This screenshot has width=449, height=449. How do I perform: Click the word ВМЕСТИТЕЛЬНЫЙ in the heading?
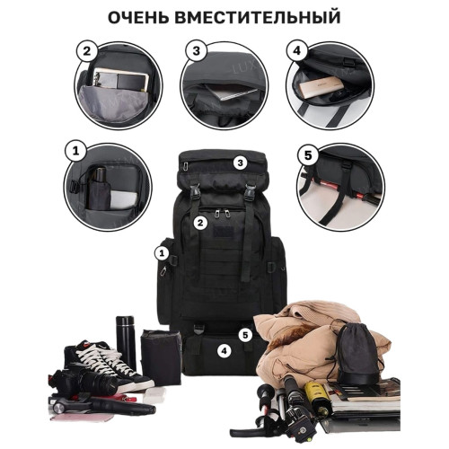point(258,17)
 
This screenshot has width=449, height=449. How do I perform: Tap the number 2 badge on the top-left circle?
point(86,51)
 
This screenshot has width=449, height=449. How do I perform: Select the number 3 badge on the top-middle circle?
point(196,51)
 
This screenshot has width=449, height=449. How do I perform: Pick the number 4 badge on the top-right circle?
point(296,51)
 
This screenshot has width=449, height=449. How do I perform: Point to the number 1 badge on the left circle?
point(75,151)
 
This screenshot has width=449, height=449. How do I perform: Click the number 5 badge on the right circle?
point(308,155)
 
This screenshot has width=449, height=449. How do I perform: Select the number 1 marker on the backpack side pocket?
point(162,253)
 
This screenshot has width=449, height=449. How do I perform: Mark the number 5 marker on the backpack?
point(245,335)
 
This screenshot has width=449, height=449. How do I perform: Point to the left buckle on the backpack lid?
point(195,191)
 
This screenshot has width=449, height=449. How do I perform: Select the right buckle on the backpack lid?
point(249,191)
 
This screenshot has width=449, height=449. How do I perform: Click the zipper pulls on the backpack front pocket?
point(222,214)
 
